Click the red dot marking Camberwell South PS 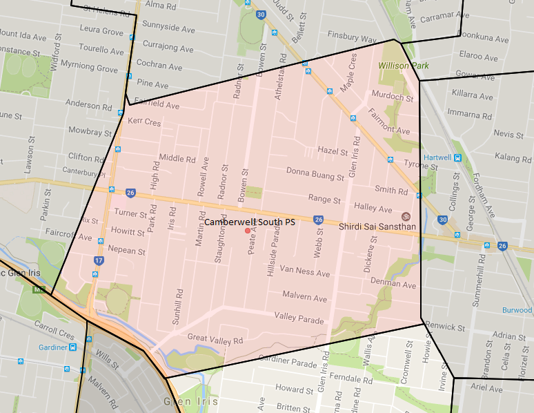pyautogui.click(x=247, y=230)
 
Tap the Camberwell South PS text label pyautogui.click(x=250, y=222)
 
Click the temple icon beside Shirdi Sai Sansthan pyautogui.click(x=406, y=215)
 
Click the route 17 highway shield pyautogui.click(x=99, y=260)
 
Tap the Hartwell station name pyautogui.click(x=438, y=157)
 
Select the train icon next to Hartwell pyautogui.click(x=457, y=157)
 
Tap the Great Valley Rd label pyautogui.click(x=215, y=340)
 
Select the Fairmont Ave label pyautogui.click(x=389, y=121)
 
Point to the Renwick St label pyautogui.click(x=445, y=325)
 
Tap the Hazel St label pyautogui.click(x=332, y=150)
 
